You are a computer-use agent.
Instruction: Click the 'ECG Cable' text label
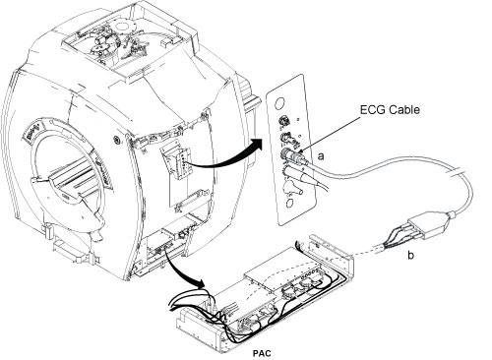(x=390, y=109)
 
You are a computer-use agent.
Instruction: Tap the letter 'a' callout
(x=321, y=156)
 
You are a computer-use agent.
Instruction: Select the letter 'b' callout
(x=410, y=255)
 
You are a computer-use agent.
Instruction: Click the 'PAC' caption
(x=262, y=353)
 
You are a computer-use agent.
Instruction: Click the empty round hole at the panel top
(x=279, y=104)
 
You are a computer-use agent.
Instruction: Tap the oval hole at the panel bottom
(x=289, y=203)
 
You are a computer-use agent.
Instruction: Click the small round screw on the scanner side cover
(x=116, y=139)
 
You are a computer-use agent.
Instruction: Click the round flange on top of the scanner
(x=124, y=27)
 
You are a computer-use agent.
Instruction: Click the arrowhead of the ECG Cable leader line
(x=300, y=151)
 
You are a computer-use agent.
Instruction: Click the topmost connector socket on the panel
(x=281, y=121)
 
